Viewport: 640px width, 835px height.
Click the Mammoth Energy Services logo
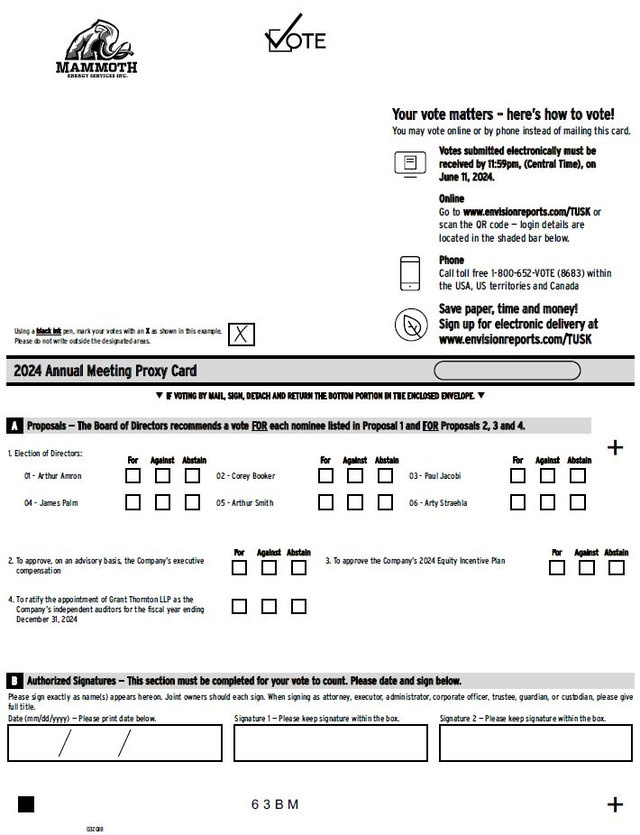coord(96,49)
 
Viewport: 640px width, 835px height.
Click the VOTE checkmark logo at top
coord(295,35)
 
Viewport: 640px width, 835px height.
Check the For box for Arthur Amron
coord(133,475)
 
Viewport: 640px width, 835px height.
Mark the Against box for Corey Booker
coord(355,475)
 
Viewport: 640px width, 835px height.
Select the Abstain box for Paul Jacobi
coord(578,475)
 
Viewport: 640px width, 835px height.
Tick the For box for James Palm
coord(133,502)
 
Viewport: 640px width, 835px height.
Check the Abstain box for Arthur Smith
coord(385,502)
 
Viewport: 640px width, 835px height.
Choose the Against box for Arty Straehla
coord(548,502)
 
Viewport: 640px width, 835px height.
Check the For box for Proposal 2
coord(239,567)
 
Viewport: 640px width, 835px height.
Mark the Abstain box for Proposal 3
coord(617,567)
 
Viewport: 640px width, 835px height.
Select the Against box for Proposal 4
coord(269,606)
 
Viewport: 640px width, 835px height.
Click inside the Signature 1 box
coord(330,743)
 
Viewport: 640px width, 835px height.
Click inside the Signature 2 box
coord(535,743)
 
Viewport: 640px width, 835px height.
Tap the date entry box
coord(114,743)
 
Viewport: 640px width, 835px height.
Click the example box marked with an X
coord(241,335)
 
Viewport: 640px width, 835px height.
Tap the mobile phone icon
coord(410,273)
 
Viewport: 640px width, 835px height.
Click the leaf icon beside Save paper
coord(411,325)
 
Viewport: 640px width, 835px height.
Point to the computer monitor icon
coord(410,163)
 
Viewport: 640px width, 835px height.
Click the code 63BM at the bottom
coord(275,804)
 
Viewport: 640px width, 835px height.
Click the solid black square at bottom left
coord(26,804)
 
